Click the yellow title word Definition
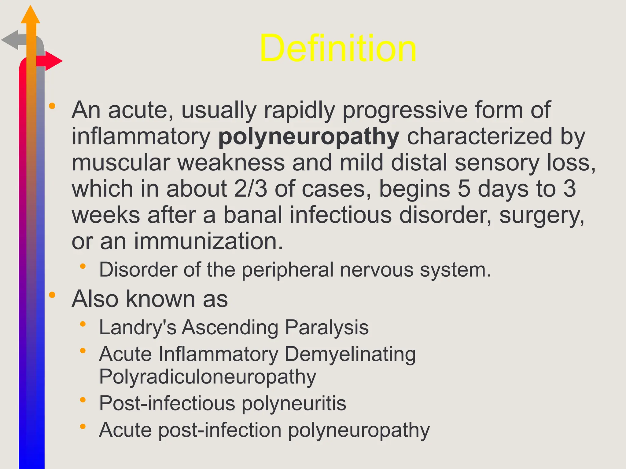[338, 48]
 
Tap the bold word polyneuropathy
[309, 136]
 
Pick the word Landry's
[138, 327]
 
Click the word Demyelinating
[350, 354]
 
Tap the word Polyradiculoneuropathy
[208, 377]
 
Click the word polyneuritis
[294, 403]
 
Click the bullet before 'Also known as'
[52, 295]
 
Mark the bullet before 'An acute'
[52, 106]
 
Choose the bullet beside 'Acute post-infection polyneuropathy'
[83, 427]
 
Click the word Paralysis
[327, 327]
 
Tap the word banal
[253, 215]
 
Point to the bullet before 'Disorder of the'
[83, 266]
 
